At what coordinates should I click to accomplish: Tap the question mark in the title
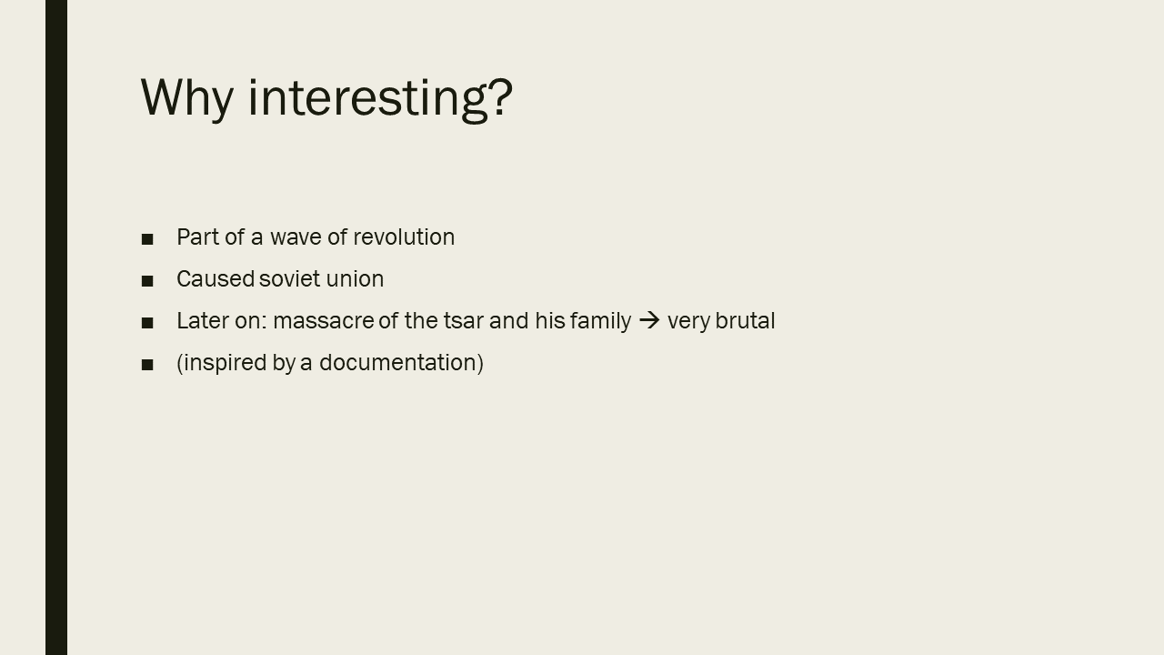coord(501,96)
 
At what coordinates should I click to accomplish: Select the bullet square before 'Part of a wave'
coord(147,239)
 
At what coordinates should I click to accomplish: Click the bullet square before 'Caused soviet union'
coord(147,281)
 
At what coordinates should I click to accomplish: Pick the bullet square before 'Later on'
coord(147,323)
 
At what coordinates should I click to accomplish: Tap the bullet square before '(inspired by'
coord(147,365)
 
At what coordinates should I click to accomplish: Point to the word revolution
coord(404,237)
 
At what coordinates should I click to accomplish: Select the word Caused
coord(216,279)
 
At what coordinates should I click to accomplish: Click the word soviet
coord(289,279)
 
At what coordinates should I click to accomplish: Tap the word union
coord(355,279)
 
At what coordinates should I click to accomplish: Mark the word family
coord(600,322)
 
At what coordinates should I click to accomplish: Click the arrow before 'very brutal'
coord(649,320)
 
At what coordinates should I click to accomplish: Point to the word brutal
coord(745,321)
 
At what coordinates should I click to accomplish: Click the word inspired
coord(226,364)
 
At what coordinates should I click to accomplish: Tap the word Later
coord(203,321)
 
